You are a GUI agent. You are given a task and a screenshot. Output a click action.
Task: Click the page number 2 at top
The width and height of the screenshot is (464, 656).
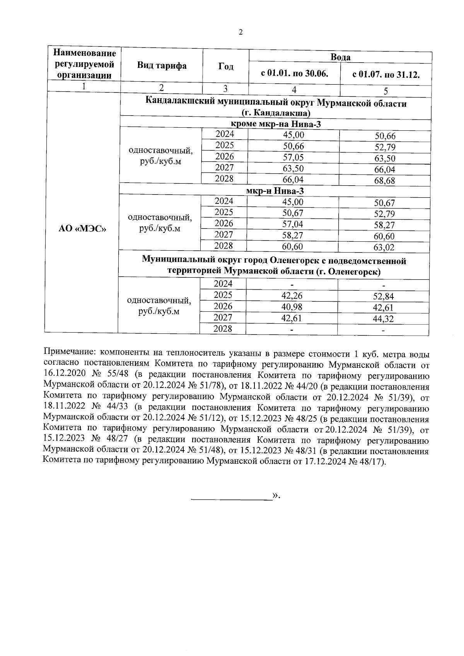(x=241, y=32)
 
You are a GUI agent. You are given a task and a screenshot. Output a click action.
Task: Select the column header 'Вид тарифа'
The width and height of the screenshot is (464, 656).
(x=162, y=66)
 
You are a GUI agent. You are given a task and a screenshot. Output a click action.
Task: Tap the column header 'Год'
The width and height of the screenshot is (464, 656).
(x=226, y=67)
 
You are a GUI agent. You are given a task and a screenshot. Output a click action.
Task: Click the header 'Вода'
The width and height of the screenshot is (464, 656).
(x=340, y=57)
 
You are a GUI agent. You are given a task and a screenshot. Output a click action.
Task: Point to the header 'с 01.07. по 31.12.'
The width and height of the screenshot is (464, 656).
(x=386, y=74)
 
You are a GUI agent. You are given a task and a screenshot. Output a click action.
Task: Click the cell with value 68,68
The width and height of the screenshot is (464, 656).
(x=385, y=181)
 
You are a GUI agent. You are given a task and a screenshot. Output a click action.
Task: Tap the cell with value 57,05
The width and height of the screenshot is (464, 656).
(x=294, y=157)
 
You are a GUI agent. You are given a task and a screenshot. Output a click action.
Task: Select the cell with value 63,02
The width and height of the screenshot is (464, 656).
(x=384, y=248)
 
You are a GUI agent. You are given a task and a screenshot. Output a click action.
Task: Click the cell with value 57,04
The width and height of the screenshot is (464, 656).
(x=293, y=224)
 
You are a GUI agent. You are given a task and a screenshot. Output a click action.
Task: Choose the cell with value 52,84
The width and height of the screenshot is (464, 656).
(x=383, y=297)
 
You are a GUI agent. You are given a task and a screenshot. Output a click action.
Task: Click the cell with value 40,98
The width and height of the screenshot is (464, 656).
(x=292, y=307)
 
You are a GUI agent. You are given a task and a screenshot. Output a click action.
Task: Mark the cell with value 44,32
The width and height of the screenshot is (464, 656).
(x=383, y=319)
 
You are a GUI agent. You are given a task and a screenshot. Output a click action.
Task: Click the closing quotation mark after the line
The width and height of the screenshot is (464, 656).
(x=276, y=495)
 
